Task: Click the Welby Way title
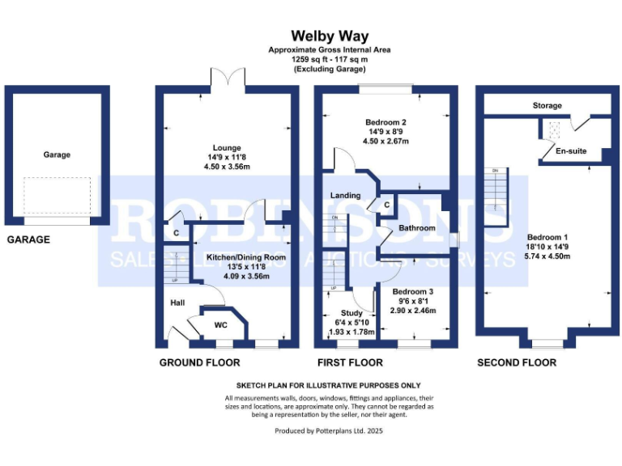coord(330,36)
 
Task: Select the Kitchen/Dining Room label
coord(247,257)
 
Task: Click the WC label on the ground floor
coord(220,325)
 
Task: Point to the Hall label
coord(177,303)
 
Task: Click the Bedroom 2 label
coord(386,122)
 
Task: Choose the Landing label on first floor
coord(346,196)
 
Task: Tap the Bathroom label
coord(416,228)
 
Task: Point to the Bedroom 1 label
coord(548,227)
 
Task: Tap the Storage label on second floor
coord(547,106)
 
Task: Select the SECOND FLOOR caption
coord(516,362)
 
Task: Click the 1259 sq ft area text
coord(330,60)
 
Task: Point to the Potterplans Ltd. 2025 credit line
coord(329,431)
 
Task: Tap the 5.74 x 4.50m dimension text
coord(548,256)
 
